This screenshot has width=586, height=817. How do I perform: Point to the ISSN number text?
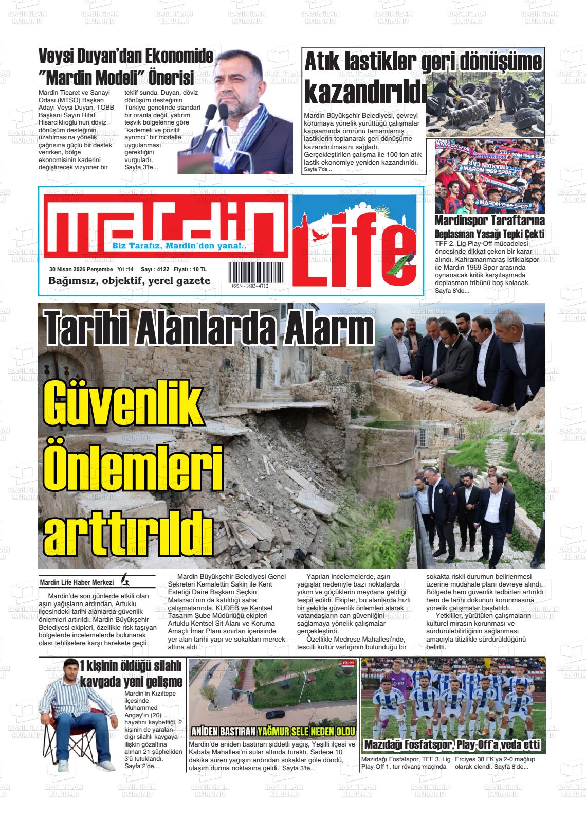[250, 286]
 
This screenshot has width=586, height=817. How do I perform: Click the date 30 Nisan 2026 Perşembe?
[81, 269]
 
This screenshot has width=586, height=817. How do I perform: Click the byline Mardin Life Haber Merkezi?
[77, 582]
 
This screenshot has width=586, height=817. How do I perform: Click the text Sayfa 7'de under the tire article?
[318, 169]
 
